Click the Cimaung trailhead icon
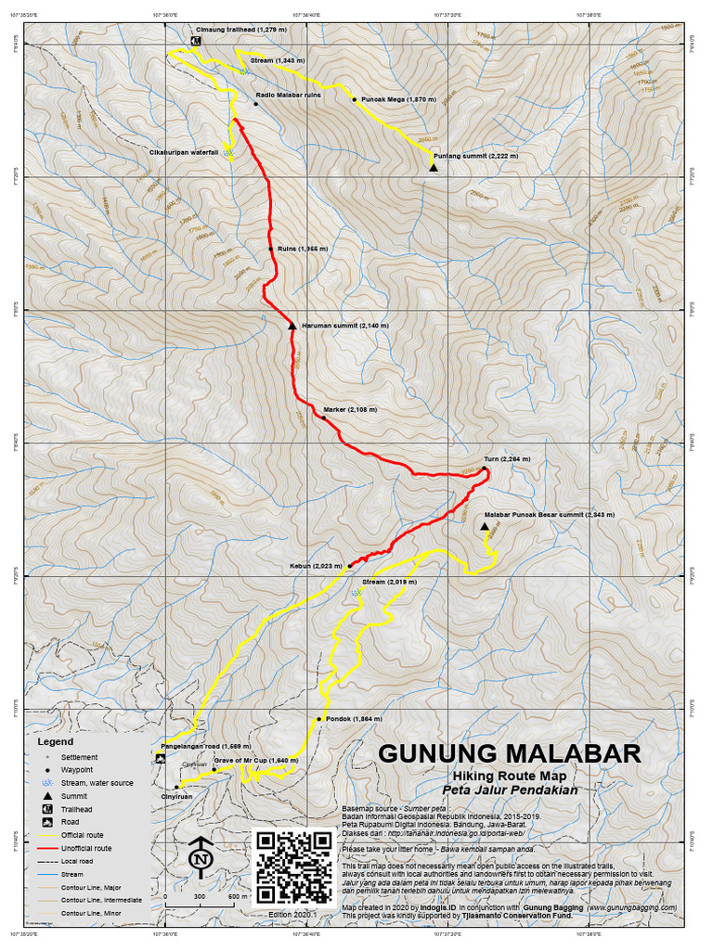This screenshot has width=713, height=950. pyautogui.click(x=197, y=41)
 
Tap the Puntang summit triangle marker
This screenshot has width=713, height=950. pyautogui.click(x=434, y=167)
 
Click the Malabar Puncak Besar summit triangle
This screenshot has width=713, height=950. pyautogui.click(x=485, y=527)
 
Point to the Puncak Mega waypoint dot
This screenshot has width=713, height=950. pyautogui.click(x=355, y=98)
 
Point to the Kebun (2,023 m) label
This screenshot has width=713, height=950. pyautogui.click(x=316, y=565)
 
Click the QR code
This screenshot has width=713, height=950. pyautogui.click(x=292, y=867)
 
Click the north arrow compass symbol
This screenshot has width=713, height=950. pyautogui.click(x=199, y=858)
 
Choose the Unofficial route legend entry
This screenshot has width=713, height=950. pyautogui.click(x=86, y=848)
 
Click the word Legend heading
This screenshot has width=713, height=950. pyautogui.click(x=55, y=742)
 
